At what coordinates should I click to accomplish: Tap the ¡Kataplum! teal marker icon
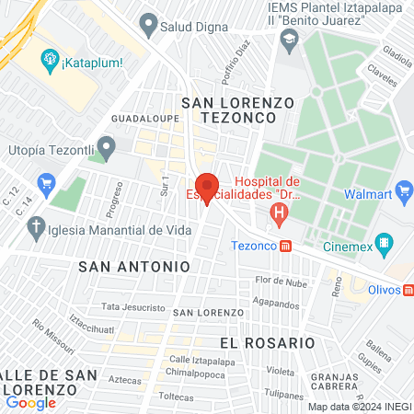point(50,62)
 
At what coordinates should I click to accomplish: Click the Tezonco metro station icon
point(287,246)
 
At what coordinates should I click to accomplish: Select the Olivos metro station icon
point(408,289)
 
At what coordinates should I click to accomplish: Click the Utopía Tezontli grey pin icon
point(107,146)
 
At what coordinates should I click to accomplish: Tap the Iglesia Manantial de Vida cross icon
point(36,227)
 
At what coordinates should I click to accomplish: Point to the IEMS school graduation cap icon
point(290,39)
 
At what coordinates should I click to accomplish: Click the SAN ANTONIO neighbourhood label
point(134,266)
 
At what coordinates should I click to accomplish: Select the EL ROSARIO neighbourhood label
point(268,342)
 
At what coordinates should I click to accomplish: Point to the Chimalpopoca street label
point(199,373)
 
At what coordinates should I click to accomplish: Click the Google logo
point(30,402)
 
